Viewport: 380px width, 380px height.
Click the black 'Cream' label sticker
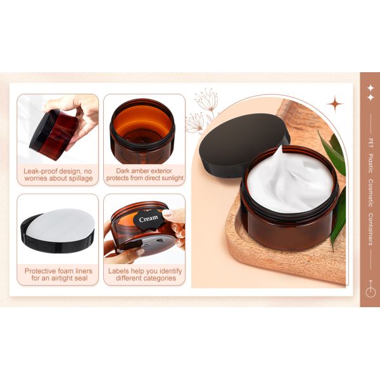click(148, 218)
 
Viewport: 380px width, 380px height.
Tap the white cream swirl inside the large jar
click(290, 180)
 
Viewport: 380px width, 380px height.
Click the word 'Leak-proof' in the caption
click(41, 171)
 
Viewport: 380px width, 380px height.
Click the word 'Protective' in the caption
click(41, 270)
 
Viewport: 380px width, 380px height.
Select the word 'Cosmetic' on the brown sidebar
click(370, 193)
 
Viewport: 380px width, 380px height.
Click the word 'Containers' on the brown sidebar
click(370, 229)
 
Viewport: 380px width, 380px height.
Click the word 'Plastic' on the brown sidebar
click(370, 163)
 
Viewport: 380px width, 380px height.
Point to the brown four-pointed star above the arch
click(335, 104)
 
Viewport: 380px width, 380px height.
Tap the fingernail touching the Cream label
click(167, 213)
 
